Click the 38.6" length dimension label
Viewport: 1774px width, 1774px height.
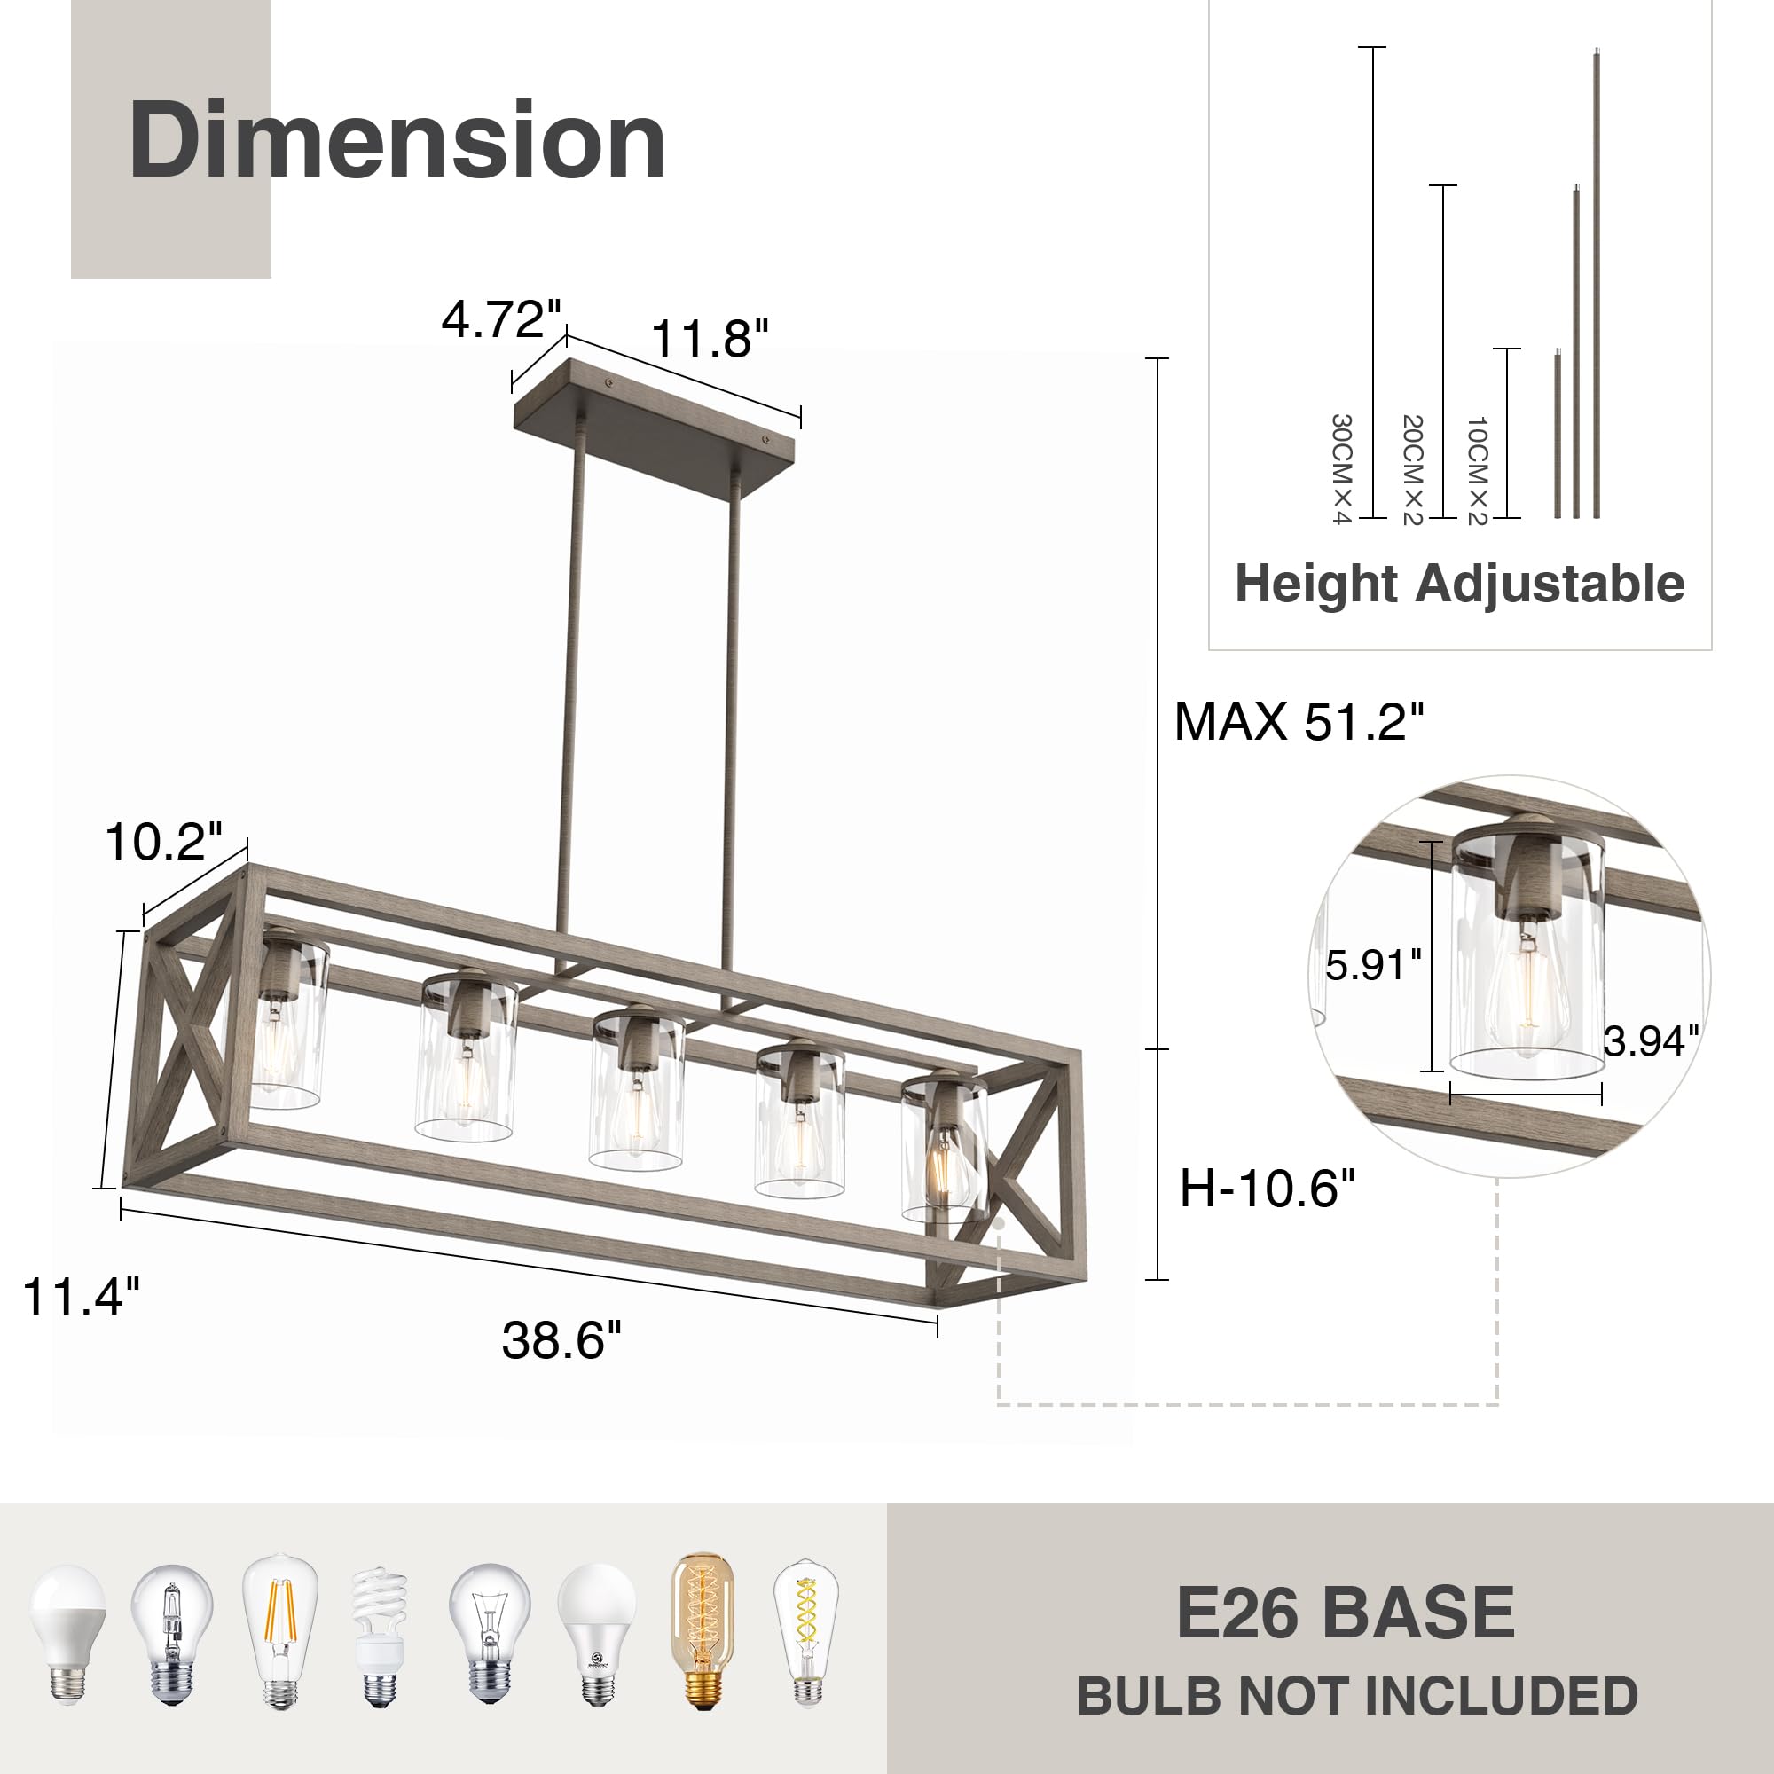561,1339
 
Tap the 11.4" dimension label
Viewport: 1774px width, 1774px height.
81,1297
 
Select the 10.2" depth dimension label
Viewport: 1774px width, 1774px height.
163,841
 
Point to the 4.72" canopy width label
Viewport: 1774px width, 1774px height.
500,318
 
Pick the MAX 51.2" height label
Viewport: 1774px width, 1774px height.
1299,721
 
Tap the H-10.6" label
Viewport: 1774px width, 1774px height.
1268,1189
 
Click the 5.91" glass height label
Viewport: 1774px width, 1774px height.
1373,965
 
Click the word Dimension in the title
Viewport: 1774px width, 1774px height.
396,139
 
